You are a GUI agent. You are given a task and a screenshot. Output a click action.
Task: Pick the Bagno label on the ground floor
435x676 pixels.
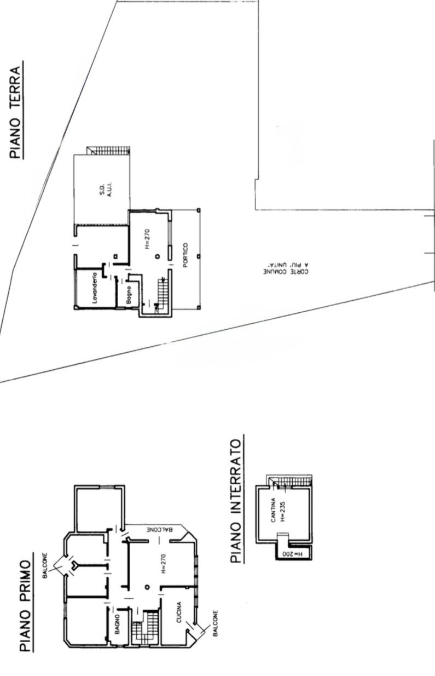pyautogui.click(x=129, y=295)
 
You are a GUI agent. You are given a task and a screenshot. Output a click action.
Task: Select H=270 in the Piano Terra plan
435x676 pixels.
pyautogui.click(x=147, y=238)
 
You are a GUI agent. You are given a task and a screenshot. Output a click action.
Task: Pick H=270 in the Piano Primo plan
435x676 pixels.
pyautogui.click(x=163, y=561)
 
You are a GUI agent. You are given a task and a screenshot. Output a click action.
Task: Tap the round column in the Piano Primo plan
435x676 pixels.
pyautogui.click(x=147, y=587)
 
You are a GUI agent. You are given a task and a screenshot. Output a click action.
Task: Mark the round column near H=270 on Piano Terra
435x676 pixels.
pyautogui.click(x=157, y=256)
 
